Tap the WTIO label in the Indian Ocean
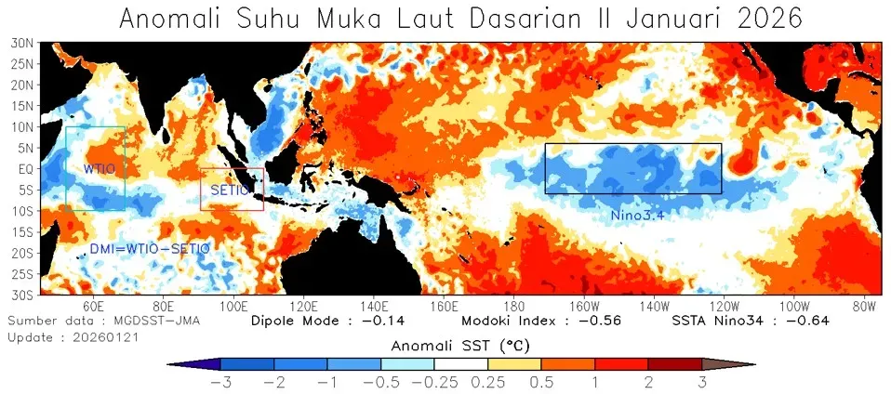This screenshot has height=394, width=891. click(99, 168)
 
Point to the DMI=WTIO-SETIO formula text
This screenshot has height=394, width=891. click(149, 249)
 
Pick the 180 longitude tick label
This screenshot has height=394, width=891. click(513, 306)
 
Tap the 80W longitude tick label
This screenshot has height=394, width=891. click(865, 306)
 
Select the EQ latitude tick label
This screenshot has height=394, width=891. click(28, 169)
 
